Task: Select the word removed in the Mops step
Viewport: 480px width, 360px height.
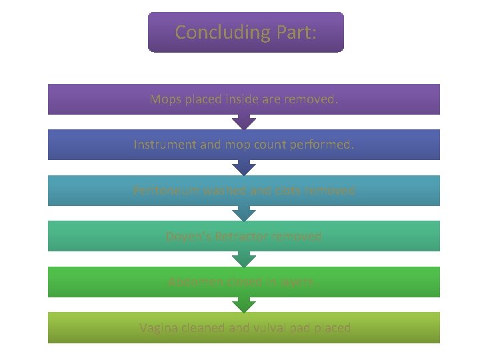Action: click(311, 99)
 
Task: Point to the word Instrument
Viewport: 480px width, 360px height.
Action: click(164, 145)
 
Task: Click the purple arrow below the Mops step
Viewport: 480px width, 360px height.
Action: click(244, 122)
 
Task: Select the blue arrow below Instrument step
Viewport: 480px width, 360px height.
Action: click(244, 168)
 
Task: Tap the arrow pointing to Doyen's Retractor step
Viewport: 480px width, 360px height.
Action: click(244, 213)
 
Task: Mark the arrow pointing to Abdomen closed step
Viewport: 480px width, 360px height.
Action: click(244, 259)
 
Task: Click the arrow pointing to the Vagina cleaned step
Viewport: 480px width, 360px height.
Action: click(244, 305)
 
